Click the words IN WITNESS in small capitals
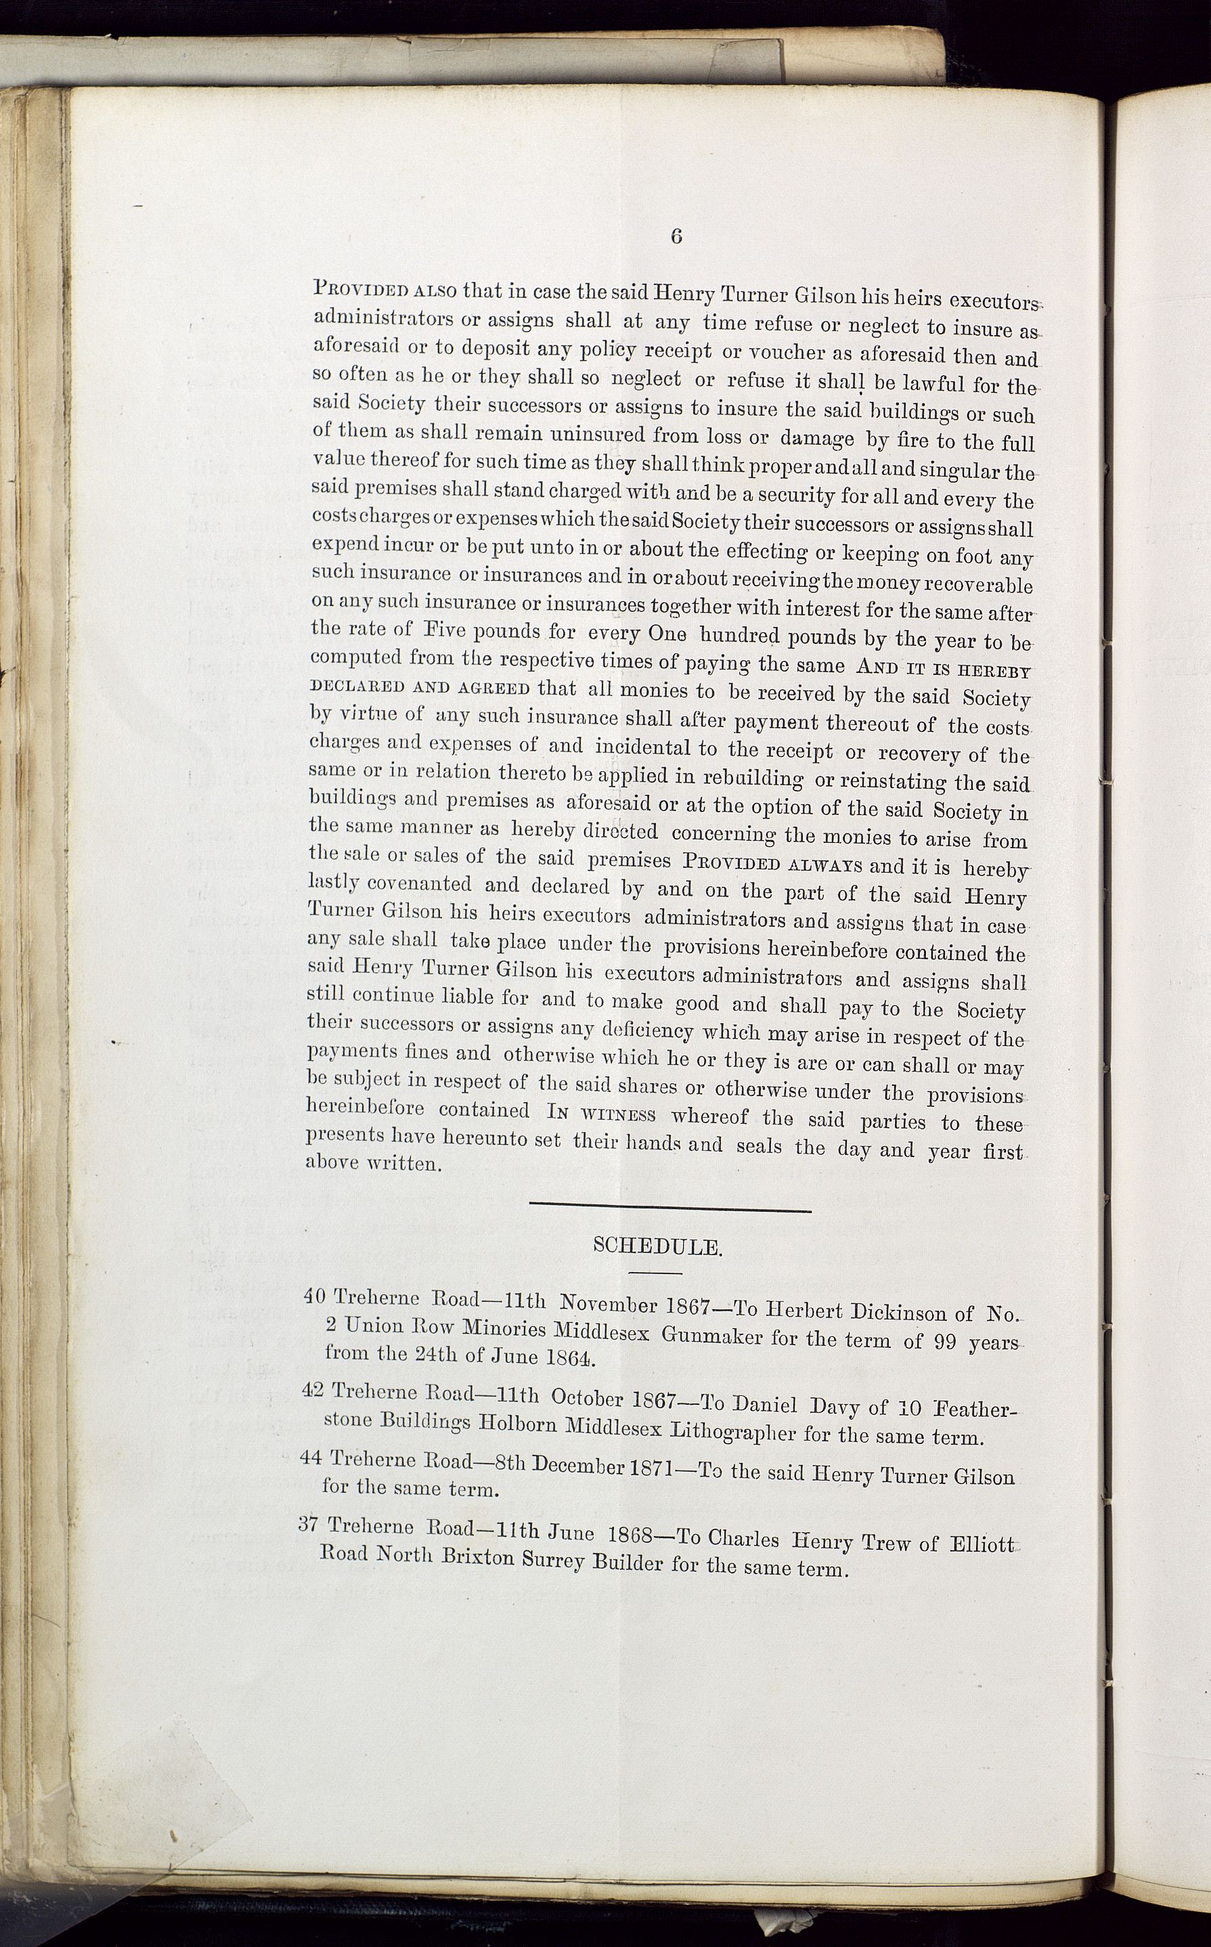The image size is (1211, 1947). (x=602, y=1113)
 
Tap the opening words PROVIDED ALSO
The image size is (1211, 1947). (x=385, y=288)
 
